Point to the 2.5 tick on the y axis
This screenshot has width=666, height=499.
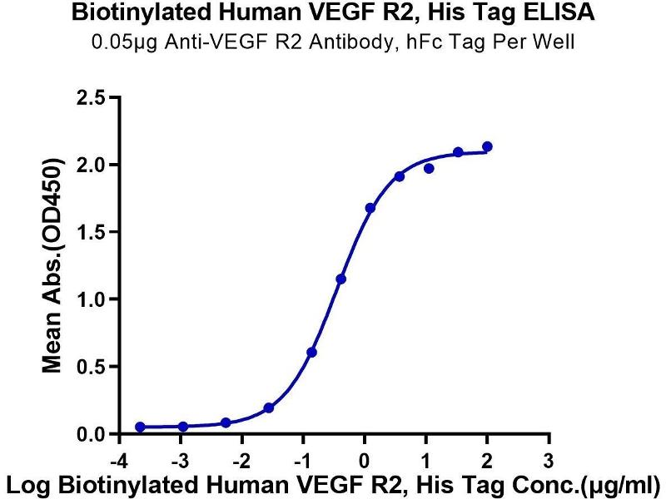93,98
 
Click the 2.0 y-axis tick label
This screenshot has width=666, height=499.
93,165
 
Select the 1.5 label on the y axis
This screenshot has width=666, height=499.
93,232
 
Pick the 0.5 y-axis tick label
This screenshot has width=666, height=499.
93,367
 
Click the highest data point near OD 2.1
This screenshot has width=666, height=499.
487,146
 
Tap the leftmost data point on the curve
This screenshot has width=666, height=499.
140,427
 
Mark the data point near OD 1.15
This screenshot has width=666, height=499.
340,279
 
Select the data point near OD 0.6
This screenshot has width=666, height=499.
311,353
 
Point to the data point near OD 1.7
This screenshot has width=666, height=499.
370,208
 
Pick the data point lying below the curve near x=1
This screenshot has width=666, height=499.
429,168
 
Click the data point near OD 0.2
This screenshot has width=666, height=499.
269,408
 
